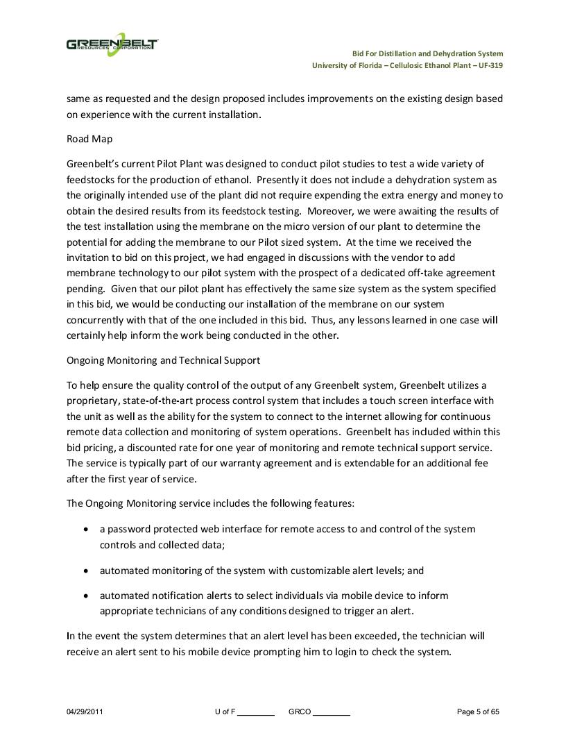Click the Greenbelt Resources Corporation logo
(112, 45)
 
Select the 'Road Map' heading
(88, 139)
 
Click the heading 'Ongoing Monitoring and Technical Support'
(164, 360)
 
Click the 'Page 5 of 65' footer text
(478, 711)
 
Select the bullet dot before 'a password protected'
(85, 530)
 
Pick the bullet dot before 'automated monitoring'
(85, 571)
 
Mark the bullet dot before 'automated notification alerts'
(85, 596)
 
